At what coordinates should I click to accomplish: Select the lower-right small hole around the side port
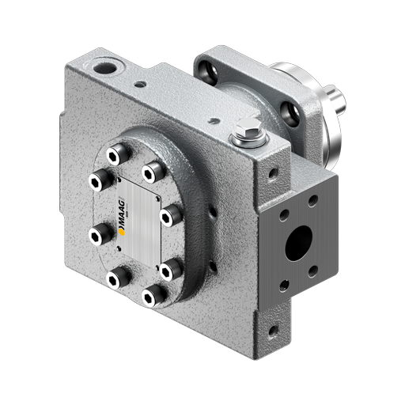click(x=314, y=272)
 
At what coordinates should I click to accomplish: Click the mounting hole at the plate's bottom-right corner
click(x=272, y=327)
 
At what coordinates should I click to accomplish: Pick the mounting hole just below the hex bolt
click(x=271, y=169)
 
